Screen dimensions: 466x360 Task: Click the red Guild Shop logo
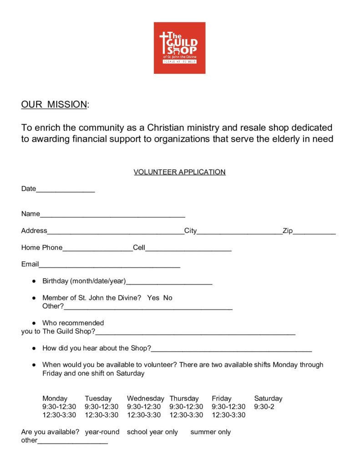(x=179, y=48)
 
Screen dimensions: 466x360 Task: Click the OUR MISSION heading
(x=54, y=104)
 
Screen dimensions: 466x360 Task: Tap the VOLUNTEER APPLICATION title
(x=179, y=172)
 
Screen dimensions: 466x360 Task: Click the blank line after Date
(x=65, y=190)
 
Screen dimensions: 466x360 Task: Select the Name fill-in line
(x=112, y=215)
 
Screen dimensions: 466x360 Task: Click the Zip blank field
(x=314, y=232)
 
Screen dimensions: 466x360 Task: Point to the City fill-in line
(x=239, y=232)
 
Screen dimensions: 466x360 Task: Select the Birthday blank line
(x=169, y=282)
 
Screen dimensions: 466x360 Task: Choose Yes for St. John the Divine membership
(x=153, y=298)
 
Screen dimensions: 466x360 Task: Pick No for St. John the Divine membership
(x=167, y=298)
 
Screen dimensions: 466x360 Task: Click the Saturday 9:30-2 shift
(x=264, y=406)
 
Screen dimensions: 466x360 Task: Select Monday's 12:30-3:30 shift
(x=59, y=415)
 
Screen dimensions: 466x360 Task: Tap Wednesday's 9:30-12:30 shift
(x=144, y=406)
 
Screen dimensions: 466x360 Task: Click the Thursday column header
(x=184, y=398)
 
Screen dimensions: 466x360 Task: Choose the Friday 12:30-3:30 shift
(x=228, y=415)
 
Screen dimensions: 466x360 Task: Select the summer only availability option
(x=210, y=432)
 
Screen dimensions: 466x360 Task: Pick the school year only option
(x=152, y=432)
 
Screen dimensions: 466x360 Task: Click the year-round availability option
(x=102, y=432)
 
